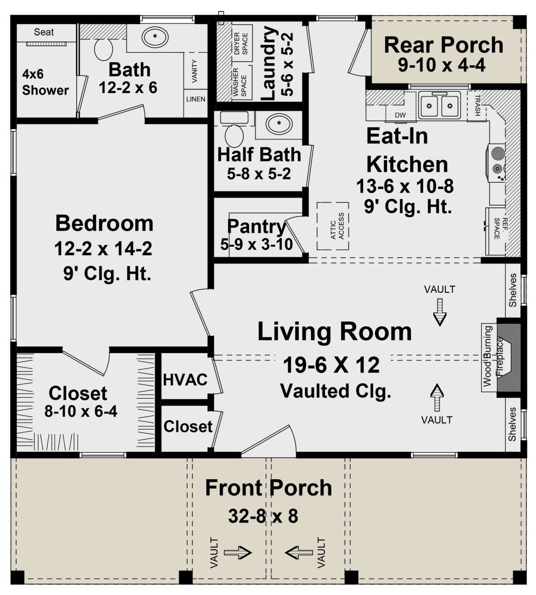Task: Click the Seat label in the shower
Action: coord(44,32)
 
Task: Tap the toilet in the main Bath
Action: coord(104,49)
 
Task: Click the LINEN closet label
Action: coord(196,99)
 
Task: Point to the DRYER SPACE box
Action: coord(242,43)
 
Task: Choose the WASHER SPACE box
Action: coord(242,82)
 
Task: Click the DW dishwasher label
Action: coord(400,115)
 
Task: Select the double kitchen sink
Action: coord(440,105)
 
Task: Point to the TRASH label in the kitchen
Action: coord(477,105)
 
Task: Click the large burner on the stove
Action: coord(498,154)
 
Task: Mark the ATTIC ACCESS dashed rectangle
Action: coord(333,226)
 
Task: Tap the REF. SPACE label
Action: coord(501,229)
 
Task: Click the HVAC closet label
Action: coord(185,380)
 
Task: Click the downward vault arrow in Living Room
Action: coord(440,312)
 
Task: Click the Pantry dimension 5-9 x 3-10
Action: coord(257,244)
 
